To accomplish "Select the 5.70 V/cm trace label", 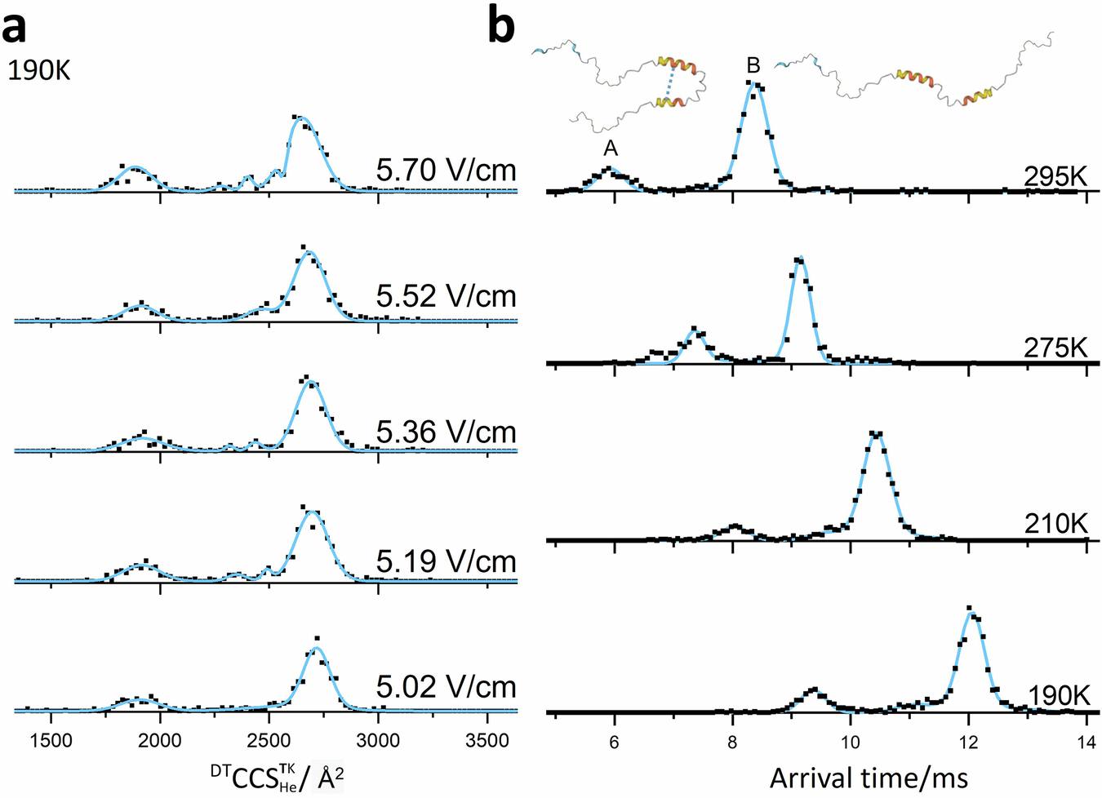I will point(446,170).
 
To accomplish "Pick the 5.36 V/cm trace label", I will point(446,432).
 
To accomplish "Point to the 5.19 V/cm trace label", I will point(446,561).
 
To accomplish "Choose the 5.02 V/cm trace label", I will point(446,687).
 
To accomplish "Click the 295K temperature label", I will point(1055,176).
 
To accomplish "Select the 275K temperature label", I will point(1055,348).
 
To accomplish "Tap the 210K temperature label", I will point(1055,523).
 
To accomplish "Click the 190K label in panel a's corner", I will point(39,71).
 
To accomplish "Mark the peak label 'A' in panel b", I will point(610,149).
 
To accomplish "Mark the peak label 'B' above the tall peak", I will point(753,65).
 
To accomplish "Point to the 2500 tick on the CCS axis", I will point(269,740).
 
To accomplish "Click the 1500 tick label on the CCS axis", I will point(51,740).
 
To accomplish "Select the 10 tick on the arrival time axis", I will point(851,742).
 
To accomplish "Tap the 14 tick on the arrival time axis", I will point(1086,742).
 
